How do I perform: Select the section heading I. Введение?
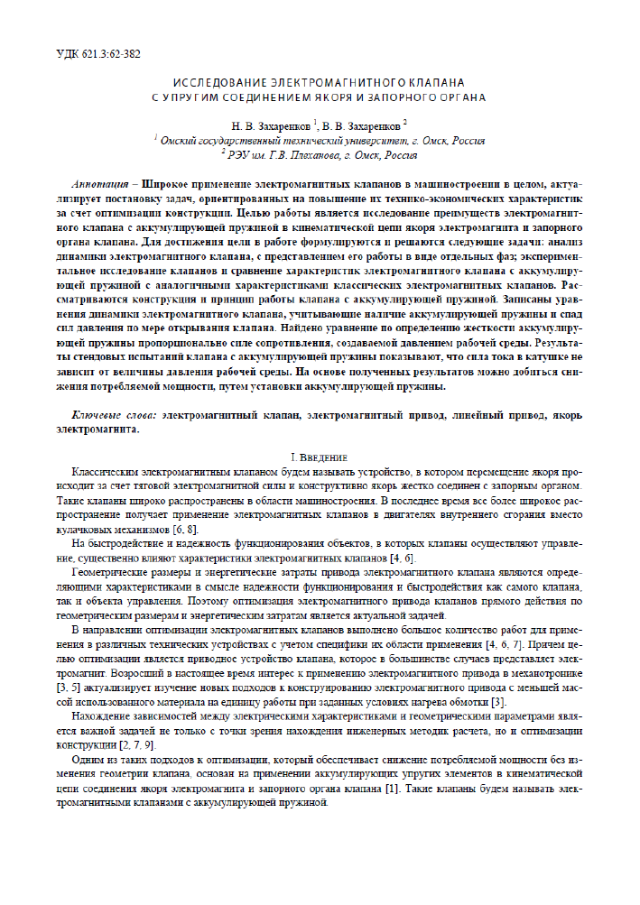pyautogui.click(x=320, y=457)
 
